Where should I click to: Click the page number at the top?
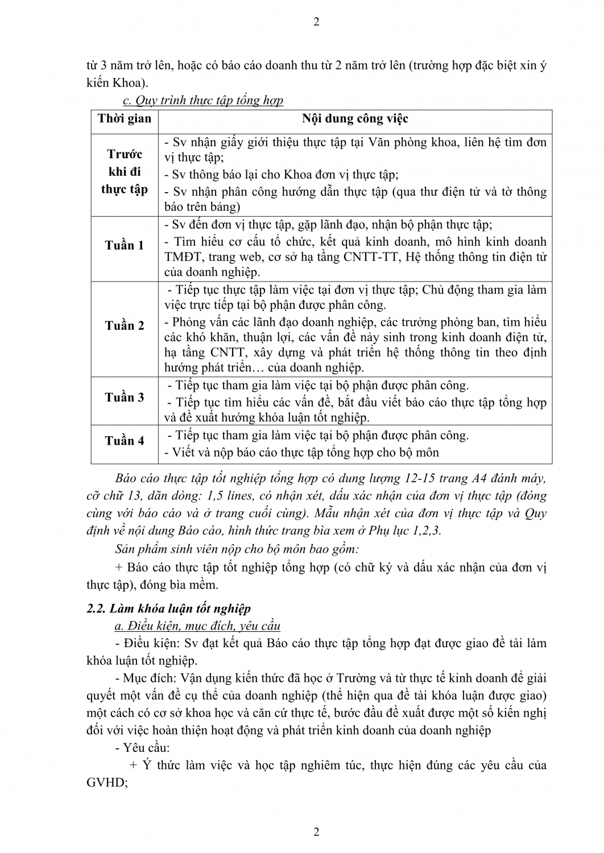click(x=316, y=22)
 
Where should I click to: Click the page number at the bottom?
click(x=316, y=832)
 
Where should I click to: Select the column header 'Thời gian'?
click(x=125, y=119)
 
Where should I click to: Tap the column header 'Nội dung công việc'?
click(x=355, y=119)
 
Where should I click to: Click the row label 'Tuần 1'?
click(x=125, y=245)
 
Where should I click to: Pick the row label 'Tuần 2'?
click(x=125, y=325)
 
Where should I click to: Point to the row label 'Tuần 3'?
click(x=125, y=397)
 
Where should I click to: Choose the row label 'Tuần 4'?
click(x=125, y=440)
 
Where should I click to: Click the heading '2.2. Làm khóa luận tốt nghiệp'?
click(x=168, y=608)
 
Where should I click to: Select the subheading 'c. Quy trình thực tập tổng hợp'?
click(x=203, y=101)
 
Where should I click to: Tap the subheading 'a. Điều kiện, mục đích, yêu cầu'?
click(x=197, y=626)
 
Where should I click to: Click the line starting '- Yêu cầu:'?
click(x=138, y=748)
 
